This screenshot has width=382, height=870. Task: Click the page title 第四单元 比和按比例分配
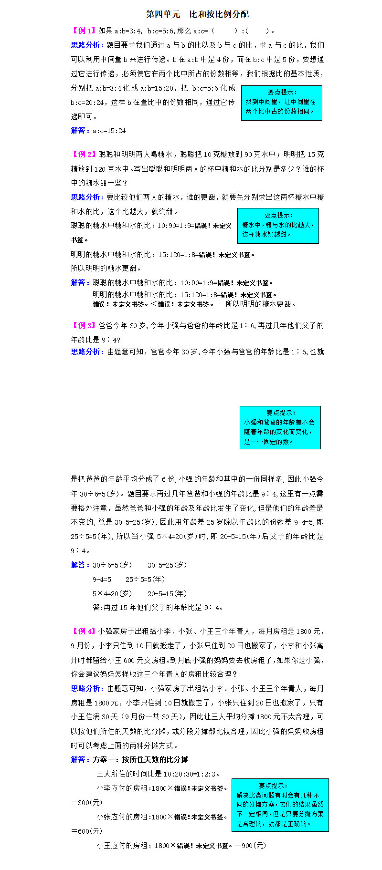[x=197, y=14]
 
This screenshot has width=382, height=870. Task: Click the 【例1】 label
[x=84, y=31]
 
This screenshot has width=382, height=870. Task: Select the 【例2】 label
[x=84, y=155]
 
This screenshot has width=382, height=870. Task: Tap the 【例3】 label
[x=84, y=326]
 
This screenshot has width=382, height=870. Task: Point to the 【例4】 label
[x=84, y=632]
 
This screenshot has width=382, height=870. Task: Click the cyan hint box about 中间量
[x=281, y=103]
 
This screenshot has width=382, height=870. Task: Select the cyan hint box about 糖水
[x=278, y=226]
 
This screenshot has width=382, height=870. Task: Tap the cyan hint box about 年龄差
[x=280, y=427]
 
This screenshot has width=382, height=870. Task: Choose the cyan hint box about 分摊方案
[x=280, y=805]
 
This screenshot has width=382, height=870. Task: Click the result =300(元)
[x=86, y=803]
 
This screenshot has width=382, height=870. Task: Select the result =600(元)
[x=86, y=831]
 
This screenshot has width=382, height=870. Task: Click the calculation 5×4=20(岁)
[x=112, y=594]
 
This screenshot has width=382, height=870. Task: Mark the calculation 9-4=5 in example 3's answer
[x=102, y=580]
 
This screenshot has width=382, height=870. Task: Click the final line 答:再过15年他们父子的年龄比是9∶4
[x=158, y=608]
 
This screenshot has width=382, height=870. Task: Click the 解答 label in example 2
[x=80, y=283]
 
